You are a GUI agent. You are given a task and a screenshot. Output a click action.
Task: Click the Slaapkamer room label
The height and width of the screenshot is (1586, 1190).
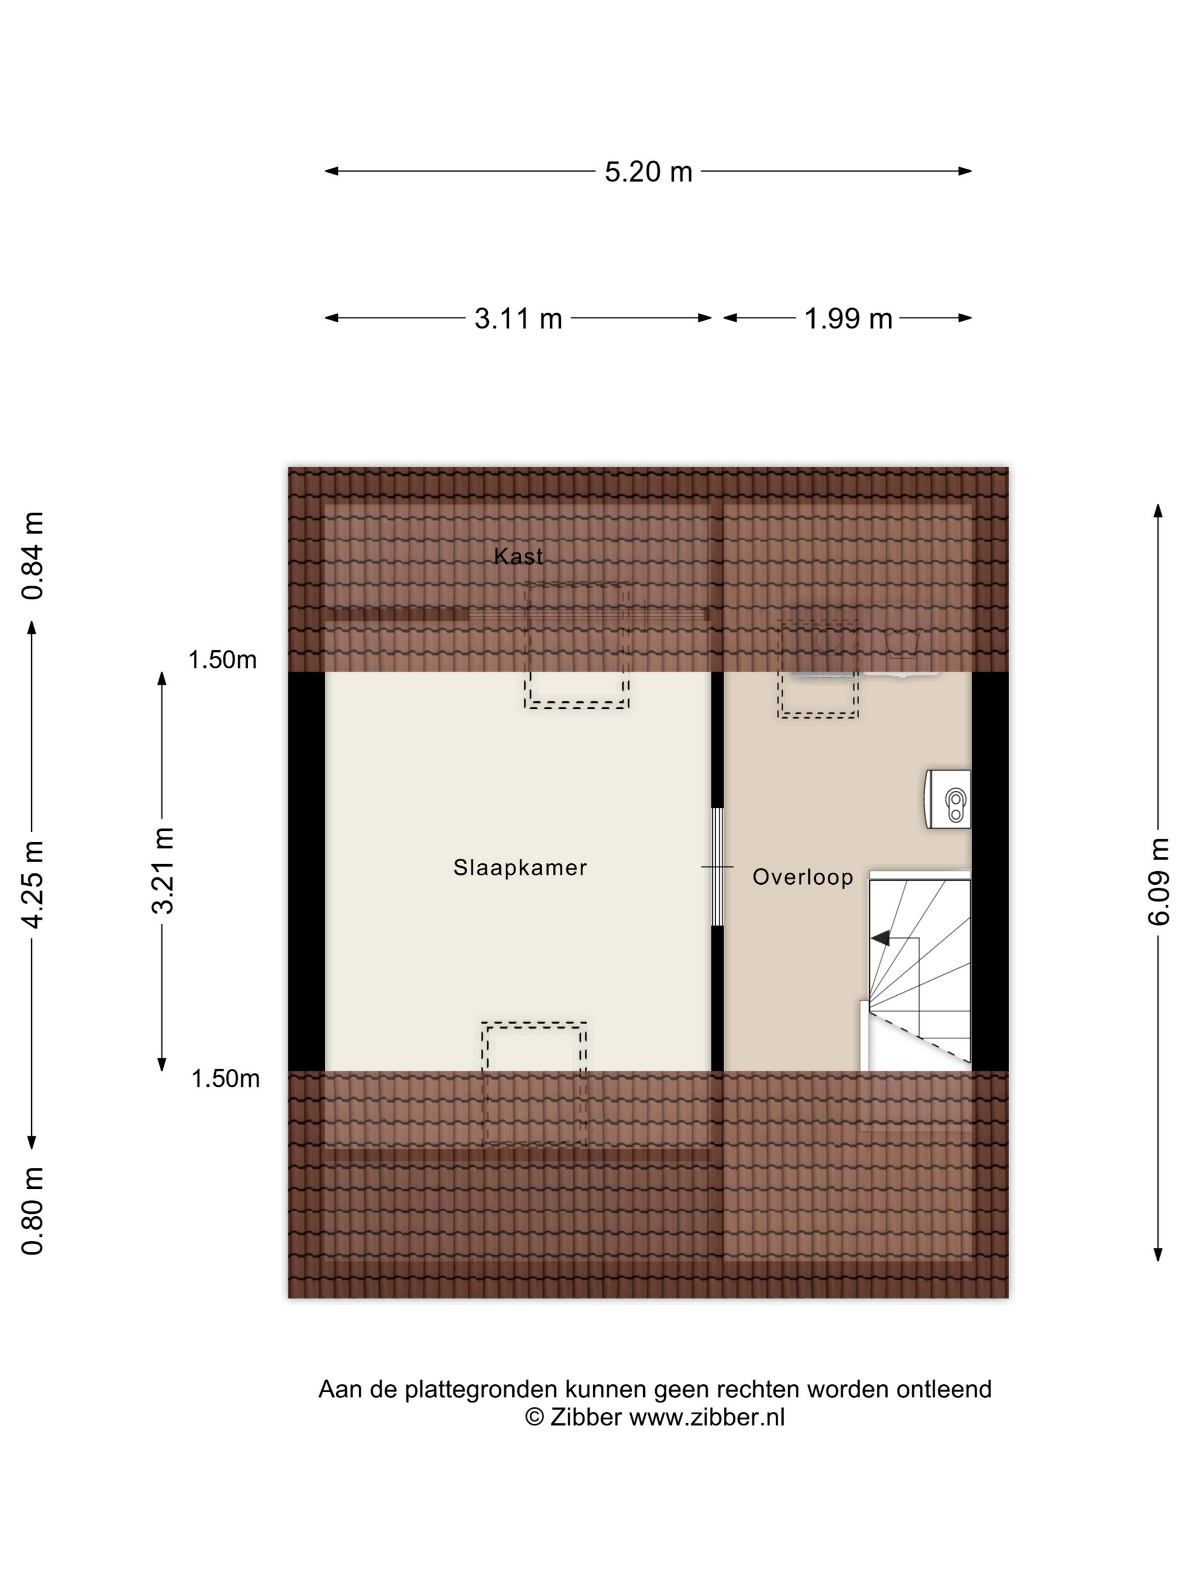pos(520,868)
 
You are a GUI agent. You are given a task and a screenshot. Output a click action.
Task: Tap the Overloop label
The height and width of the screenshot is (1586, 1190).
pos(802,877)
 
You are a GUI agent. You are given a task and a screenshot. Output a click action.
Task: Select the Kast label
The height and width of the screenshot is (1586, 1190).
pos(518,556)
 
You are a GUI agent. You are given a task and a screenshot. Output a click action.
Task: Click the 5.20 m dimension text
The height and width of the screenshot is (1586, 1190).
pos(648,172)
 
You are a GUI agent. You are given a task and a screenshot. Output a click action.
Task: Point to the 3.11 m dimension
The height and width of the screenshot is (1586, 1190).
pos(518,318)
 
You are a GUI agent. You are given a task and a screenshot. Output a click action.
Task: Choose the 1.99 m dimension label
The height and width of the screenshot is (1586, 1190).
pos(848,318)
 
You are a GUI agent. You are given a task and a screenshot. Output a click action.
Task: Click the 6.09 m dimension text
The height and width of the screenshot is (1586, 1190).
pos(1158,881)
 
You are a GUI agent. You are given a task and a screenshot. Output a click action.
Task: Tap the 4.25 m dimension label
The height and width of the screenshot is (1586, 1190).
pos(33,884)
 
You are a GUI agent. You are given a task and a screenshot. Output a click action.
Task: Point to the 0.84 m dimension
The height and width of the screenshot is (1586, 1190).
pos(33,556)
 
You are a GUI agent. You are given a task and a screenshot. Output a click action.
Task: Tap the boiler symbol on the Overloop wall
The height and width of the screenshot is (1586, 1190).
pos(947,799)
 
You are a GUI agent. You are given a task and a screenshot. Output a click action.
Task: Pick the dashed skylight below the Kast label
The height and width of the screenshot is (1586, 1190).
pos(577,645)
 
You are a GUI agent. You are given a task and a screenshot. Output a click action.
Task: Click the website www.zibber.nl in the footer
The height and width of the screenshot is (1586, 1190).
pos(707,1417)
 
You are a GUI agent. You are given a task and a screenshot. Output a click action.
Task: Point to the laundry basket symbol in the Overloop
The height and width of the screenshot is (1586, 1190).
pos(902,644)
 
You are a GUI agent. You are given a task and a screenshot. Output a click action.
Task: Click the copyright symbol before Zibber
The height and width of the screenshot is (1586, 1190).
pos(534,1417)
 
